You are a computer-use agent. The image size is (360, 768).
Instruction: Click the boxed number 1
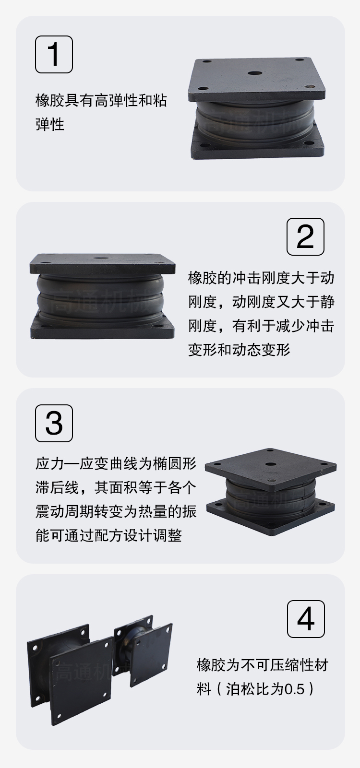coord(54,55)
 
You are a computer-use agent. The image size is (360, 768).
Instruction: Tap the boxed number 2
coord(305,236)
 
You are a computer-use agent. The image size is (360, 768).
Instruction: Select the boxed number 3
coord(54,423)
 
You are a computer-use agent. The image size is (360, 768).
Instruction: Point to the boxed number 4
coord(305,619)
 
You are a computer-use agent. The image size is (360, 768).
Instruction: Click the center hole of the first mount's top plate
coord(254,73)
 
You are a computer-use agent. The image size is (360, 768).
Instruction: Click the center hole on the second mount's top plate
coord(100,258)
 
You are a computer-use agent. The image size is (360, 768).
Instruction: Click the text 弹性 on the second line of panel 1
coord(50,124)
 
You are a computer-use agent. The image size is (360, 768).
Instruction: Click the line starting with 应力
coord(116,463)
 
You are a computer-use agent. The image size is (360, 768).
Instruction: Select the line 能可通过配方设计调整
coord(108,535)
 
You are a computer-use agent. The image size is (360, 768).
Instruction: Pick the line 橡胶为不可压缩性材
coord(263,665)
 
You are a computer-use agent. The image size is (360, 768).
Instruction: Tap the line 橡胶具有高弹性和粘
coord(101,100)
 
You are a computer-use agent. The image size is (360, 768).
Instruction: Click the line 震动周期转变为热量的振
coord(116,511)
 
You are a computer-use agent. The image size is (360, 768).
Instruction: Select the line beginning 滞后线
coord(116,487)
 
